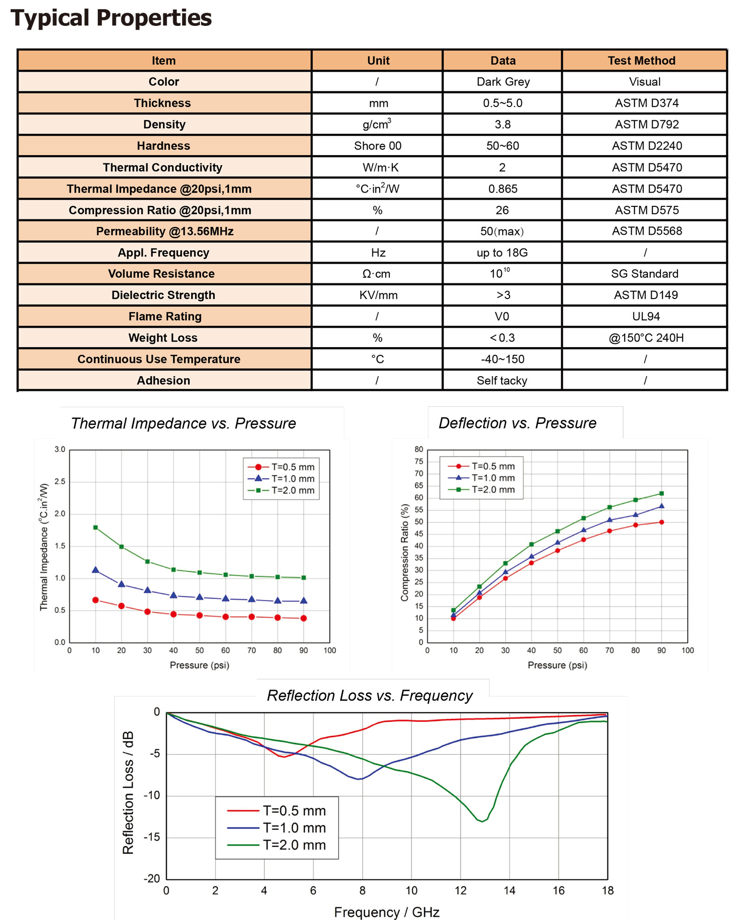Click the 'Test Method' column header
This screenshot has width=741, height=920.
[641, 61]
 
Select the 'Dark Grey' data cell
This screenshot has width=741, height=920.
[503, 82]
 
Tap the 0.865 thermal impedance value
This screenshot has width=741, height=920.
[503, 189]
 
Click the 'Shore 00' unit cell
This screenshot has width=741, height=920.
[377, 146]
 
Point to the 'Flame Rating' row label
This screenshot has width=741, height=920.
[165, 317]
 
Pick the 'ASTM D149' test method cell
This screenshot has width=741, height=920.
[646, 295]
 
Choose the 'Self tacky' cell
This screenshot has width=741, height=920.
[502, 380]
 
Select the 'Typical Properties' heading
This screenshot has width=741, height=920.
[111, 19]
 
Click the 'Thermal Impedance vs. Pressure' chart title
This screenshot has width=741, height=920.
[183, 423]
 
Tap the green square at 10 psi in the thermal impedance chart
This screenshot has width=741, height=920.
[95, 528]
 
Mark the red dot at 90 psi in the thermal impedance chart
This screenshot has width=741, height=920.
[303, 618]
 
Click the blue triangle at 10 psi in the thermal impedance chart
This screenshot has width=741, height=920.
[95, 570]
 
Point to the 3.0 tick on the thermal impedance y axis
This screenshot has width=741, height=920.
[60, 449]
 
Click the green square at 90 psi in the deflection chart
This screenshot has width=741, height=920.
[661, 493]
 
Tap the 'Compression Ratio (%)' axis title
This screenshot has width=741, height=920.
[405, 553]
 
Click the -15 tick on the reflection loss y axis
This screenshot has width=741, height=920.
[151, 837]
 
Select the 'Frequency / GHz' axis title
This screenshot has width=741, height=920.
[387, 912]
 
